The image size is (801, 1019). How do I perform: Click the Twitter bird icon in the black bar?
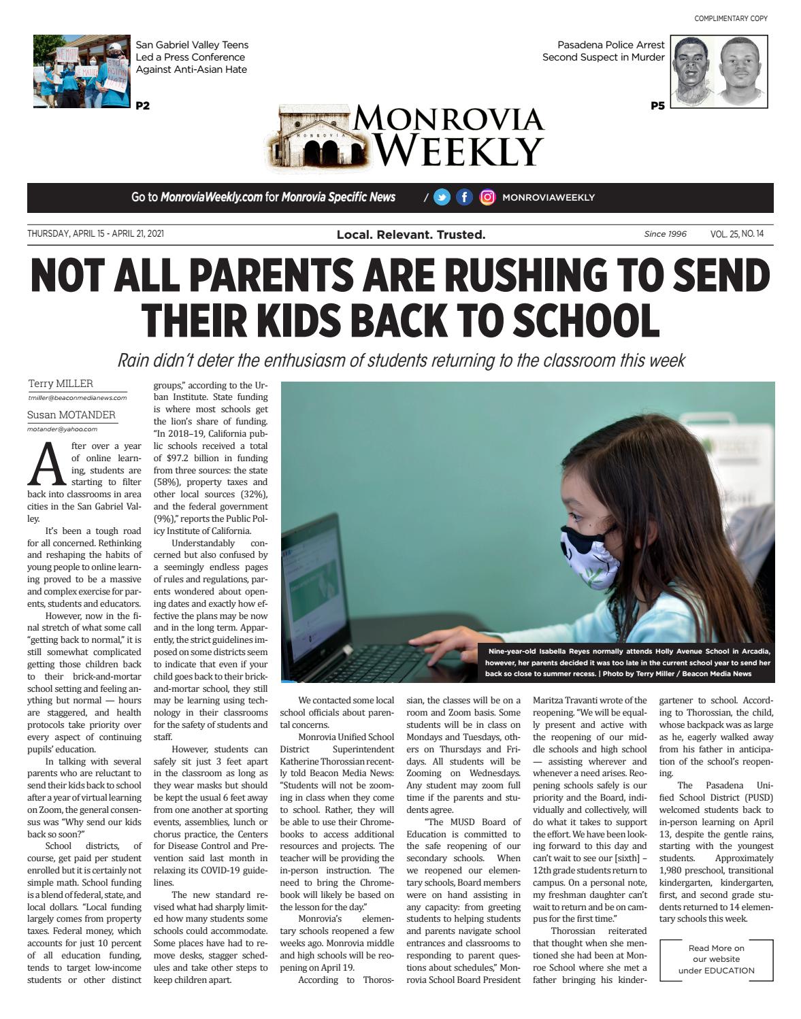pyautogui.click(x=442, y=197)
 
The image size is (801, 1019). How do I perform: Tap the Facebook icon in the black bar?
pyautogui.click(x=464, y=197)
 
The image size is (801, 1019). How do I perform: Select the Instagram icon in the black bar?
pyautogui.click(x=487, y=197)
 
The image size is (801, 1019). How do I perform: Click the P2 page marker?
pyautogui.click(x=142, y=105)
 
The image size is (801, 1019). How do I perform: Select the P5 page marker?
pyautogui.click(x=657, y=105)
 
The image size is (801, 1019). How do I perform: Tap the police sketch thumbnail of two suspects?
pyautogui.click(x=719, y=71)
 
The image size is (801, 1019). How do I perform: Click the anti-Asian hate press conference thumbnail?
pyautogui.click(x=81, y=71)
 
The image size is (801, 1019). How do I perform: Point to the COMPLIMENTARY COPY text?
pyautogui.click(x=730, y=18)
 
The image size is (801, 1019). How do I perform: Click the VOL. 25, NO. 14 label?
pyautogui.click(x=737, y=234)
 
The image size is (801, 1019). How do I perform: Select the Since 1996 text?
pyautogui.click(x=665, y=234)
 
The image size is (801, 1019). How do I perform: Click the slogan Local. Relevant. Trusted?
pyautogui.click(x=411, y=235)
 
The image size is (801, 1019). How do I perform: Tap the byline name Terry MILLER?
pyautogui.click(x=61, y=384)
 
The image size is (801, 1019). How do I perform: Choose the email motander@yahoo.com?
pyautogui.click(x=62, y=429)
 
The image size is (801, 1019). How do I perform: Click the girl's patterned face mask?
pyautogui.click(x=591, y=556)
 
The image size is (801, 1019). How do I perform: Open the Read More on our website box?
pyautogui.click(x=716, y=959)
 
